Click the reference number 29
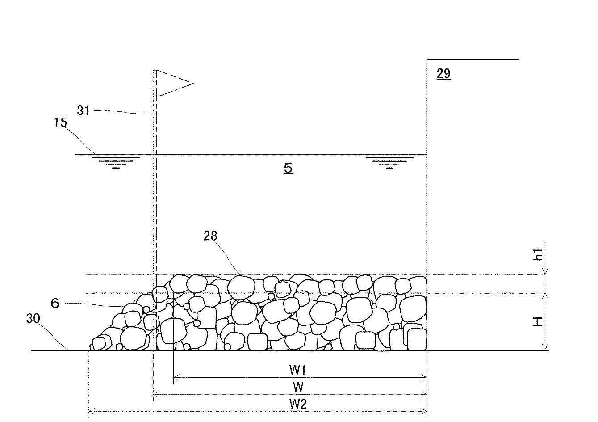[443, 73]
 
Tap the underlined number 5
[288, 168]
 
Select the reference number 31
[84, 110]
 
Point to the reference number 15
[61, 122]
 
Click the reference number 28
[210, 236]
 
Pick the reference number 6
[55, 303]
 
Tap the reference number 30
[33, 318]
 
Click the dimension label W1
[298, 370]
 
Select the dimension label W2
[298, 405]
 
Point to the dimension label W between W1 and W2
[298, 387]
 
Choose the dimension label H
[538, 322]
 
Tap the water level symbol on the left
[116, 162]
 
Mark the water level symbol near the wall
[389, 162]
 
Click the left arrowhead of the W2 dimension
[92, 411]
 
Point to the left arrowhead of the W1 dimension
[176, 378]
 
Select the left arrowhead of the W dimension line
[156, 394]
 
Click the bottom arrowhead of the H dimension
[544, 347]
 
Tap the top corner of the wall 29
[427, 60]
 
